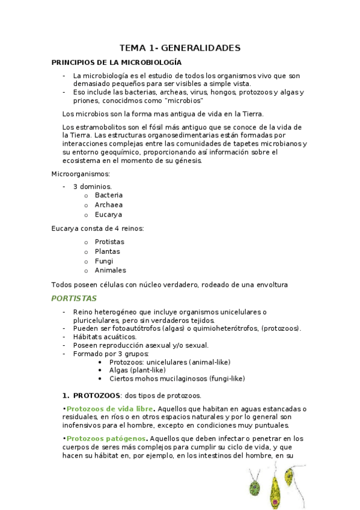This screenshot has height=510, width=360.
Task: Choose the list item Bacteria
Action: (109, 195)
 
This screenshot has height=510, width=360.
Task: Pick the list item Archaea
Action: (109, 205)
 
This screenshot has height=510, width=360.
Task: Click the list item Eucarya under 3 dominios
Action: (108, 215)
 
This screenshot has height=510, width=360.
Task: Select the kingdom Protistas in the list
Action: (110, 242)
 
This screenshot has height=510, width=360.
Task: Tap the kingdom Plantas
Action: (108, 251)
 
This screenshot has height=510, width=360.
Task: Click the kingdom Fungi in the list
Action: (104, 261)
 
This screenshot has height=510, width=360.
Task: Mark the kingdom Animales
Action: (111, 271)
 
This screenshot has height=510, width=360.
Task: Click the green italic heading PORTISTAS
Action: (74, 298)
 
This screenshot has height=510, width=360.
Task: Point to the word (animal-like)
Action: (210, 362)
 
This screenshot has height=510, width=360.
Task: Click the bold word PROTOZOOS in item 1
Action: (96, 396)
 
